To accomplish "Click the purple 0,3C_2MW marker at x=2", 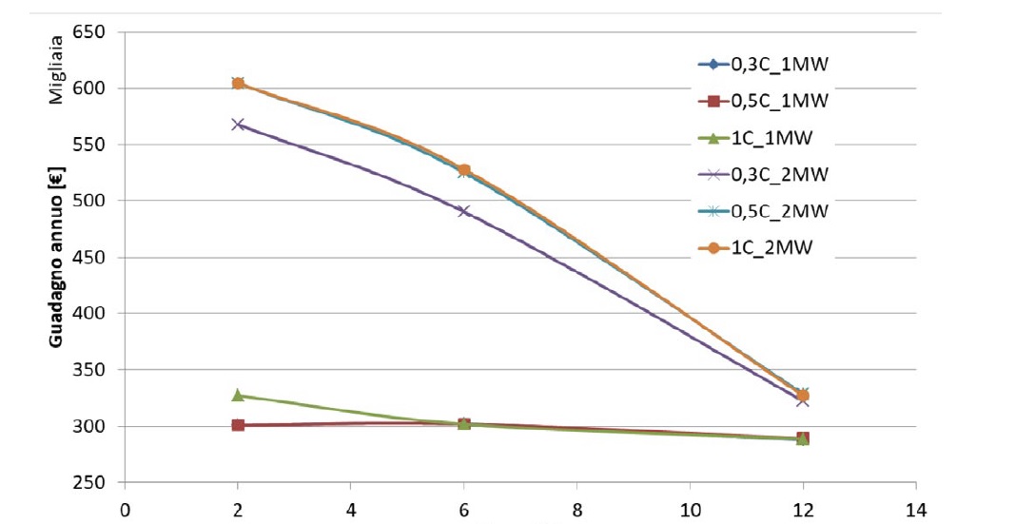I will tap(238, 125).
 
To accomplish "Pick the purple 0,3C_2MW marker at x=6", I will tap(463, 211).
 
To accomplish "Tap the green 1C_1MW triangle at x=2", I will tap(238, 395).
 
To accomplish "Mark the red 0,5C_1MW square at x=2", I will tap(238, 425).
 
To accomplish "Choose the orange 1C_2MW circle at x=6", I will tap(463, 170).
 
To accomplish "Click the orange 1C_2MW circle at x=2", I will tap(238, 84).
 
